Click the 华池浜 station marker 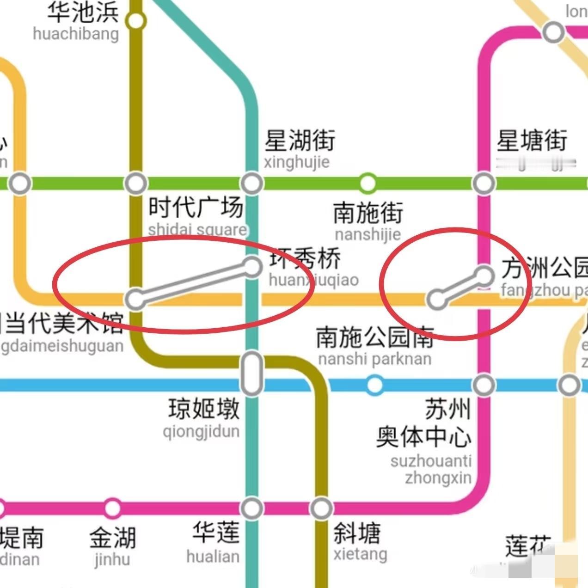(x=135, y=21)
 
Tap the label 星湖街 (x=300, y=140)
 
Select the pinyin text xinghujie (x=296, y=162)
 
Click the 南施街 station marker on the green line (x=367, y=183)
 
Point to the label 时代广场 (x=196, y=207)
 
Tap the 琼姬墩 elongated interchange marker (x=252, y=373)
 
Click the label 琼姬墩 (x=204, y=409)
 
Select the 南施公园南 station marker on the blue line (x=374, y=384)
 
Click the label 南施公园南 (x=375, y=337)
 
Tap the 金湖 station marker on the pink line (x=112, y=508)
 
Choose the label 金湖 (x=113, y=537)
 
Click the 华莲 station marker (x=252, y=508)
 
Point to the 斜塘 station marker (x=321, y=508)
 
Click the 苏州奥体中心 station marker (x=484, y=385)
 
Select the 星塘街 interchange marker (x=484, y=183)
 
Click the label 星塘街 (x=532, y=141)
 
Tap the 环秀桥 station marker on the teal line (x=252, y=266)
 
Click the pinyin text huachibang (x=76, y=34)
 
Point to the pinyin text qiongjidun (x=201, y=432)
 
